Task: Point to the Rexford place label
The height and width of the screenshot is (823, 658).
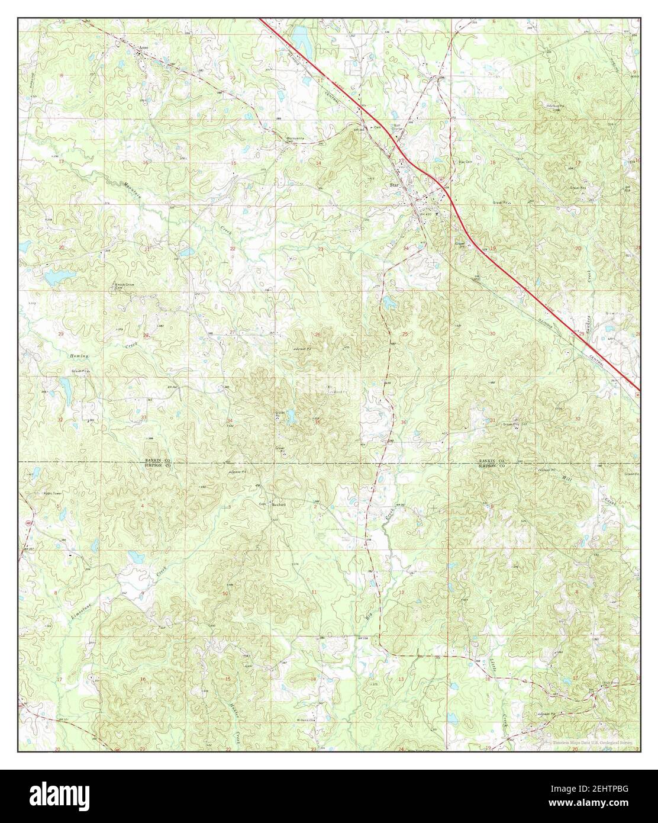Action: pyautogui.click(x=279, y=504)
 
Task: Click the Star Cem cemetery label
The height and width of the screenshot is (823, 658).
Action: pyautogui.click(x=466, y=162)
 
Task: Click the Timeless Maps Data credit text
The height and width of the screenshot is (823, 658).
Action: pyautogui.click(x=592, y=741)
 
